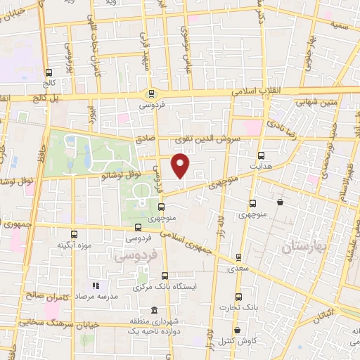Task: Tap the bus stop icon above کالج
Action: (49, 72)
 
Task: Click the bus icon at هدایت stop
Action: (262, 156)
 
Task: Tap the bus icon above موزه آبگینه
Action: (74, 234)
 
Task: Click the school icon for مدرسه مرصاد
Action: (97, 286)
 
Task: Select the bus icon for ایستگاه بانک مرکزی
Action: (165, 276)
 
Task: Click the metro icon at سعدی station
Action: (239, 257)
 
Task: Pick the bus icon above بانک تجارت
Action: (238, 297)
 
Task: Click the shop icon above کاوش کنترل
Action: (236, 330)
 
